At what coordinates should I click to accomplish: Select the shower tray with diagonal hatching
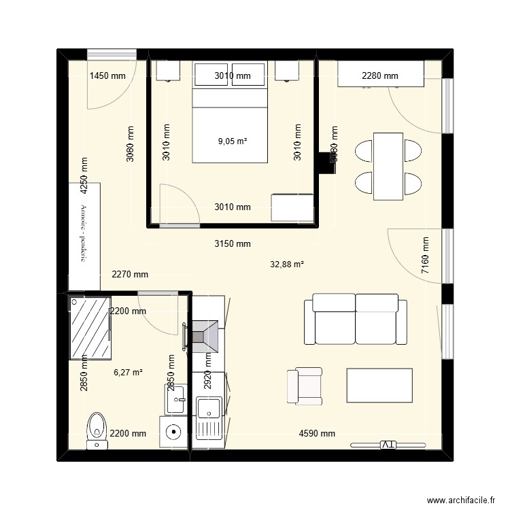(x=90, y=328)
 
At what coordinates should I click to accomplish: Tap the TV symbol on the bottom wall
(x=387, y=445)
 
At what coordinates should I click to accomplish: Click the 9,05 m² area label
(x=232, y=141)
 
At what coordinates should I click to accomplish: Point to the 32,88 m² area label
(x=288, y=265)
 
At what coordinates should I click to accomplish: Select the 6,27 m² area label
(x=127, y=372)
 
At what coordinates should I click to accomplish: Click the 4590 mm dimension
(x=317, y=433)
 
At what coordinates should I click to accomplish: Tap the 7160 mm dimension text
(x=425, y=255)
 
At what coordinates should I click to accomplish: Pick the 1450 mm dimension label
(x=108, y=76)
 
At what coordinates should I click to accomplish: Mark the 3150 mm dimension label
(x=232, y=243)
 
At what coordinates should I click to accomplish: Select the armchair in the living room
(x=304, y=386)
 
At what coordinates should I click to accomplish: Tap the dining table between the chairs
(x=388, y=167)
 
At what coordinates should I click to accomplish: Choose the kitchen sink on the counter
(x=208, y=409)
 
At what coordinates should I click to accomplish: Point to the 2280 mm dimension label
(x=379, y=76)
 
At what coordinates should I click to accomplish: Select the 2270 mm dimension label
(x=129, y=275)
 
